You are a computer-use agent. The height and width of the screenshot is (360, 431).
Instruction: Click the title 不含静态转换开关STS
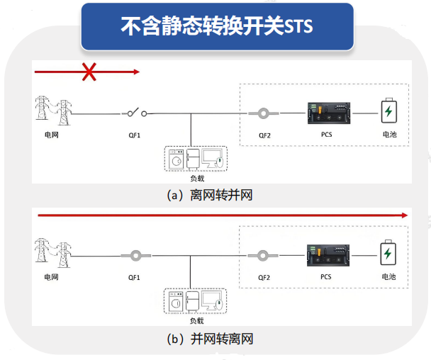coord(217,26)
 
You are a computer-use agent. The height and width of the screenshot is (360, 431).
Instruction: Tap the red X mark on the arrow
coord(89,71)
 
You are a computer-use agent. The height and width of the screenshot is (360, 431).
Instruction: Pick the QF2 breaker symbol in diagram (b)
coord(263,256)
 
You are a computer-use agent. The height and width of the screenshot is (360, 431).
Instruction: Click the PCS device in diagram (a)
coord(325,113)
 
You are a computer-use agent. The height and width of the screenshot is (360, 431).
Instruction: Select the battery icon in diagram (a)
coord(389,112)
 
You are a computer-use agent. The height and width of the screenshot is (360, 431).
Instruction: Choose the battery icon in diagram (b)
coord(389,254)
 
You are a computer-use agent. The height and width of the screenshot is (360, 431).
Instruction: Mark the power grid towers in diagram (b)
coord(53,252)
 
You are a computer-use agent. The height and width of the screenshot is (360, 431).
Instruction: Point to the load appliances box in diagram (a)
coord(194,160)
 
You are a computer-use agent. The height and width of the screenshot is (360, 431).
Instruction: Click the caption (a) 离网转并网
coord(209,195)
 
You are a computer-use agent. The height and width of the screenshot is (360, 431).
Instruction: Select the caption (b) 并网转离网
coord(209,339)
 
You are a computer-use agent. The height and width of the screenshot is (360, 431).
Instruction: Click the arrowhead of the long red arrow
coord(405,214)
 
